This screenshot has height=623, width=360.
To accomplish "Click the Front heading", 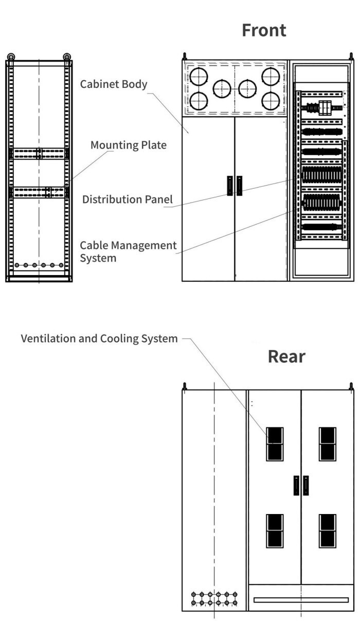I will (264, 30).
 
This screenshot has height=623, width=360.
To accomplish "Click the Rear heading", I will (286, 357).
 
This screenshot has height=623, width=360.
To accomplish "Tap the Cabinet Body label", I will (114, 84).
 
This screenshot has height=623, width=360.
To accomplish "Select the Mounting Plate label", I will (129, 145).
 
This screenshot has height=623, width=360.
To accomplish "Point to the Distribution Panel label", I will (128, 199).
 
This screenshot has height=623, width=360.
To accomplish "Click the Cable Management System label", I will (128, 251).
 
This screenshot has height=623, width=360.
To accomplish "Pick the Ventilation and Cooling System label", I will (99, 339).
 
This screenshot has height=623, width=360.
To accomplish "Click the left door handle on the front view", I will (230, 186).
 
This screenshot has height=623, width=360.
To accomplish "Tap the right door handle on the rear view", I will (305, 485).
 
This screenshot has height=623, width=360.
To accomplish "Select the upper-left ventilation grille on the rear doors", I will (275, 444).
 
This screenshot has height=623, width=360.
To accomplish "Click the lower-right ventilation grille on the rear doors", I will (328, 530).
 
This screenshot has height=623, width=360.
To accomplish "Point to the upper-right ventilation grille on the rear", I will (328, 444).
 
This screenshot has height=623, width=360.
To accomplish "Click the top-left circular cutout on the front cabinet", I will (198, 77).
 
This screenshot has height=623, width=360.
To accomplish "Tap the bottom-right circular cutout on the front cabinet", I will (271, 101).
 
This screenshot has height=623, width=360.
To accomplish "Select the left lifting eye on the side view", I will (11, 57).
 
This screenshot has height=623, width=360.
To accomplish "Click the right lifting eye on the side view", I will (67, 57).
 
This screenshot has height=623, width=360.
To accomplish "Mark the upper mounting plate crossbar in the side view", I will (39, 153).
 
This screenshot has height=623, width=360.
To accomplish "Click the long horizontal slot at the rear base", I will (301, 600).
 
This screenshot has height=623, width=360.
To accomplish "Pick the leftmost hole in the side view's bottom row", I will (17, 265).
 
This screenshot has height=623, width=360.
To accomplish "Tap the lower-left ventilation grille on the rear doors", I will (275, 530).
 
